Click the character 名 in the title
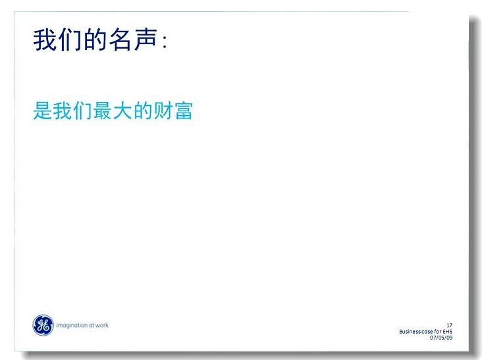pos(120,39)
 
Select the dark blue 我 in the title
pos(45,39)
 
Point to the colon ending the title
pos(165,41)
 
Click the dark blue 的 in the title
pos(95,39)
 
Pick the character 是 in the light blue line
pos(42,111)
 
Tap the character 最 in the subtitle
pos(103,111)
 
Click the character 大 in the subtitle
pos(122,111)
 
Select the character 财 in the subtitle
pos(163,111)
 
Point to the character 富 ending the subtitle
pos(184,111)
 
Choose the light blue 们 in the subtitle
pos(83,111)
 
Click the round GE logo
pos(43,325)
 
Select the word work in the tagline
pos(102,325)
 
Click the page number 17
pos(450,325)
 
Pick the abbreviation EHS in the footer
pos(448,332)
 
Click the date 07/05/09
pos(441,338)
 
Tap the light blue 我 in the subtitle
pos(63,111)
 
